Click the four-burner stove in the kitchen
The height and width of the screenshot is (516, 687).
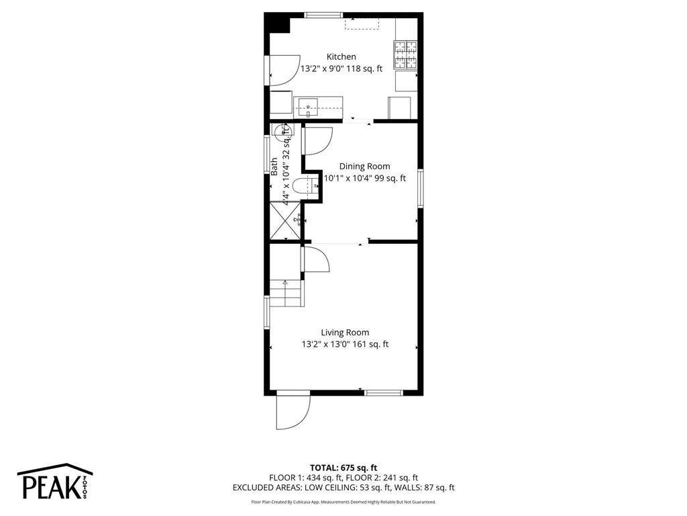point(405,55)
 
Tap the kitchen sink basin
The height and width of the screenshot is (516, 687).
point(308,105)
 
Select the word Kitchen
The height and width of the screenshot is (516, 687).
point(341,57)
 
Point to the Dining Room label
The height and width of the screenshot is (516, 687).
point(364,167)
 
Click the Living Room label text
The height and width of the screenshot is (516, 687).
point(344,333)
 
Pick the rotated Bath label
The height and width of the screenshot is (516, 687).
point(274,166)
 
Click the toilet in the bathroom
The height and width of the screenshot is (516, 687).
point(311,186)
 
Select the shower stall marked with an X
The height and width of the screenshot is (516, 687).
point(283,220)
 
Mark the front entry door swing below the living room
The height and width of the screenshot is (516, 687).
point(293,411)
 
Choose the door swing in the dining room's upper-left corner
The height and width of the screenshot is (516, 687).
point(317,140)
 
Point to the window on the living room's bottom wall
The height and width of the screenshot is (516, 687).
point(384,392)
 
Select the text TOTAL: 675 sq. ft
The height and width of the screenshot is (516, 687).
point(343,468)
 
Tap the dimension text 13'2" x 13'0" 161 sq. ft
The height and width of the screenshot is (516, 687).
point(344,345)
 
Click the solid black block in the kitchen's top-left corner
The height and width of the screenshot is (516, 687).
point(276,23)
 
